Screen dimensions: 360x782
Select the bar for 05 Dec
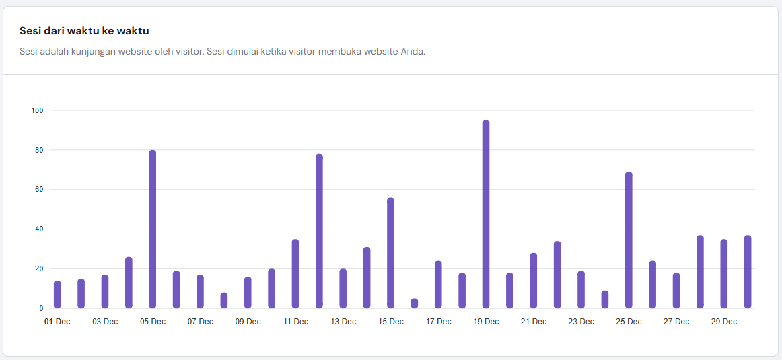[x=153, y=229]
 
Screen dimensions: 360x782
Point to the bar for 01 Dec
[x=57, y=294]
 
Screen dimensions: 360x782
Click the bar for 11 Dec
[x=295, y=273]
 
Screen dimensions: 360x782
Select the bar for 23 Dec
[x=581, y=289]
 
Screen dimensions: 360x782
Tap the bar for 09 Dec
[x=248, y=292]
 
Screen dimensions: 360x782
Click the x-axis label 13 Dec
[x=343, y=322]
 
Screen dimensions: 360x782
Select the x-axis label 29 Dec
[x=724, y=322]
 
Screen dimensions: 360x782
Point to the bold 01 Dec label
[x=57, y=322]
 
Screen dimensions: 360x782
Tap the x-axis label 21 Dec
[x=534, y=322]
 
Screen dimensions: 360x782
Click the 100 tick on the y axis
[x=37, y=110]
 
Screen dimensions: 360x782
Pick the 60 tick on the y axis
[x=38, y=190]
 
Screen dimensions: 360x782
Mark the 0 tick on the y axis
[x=40, y=308]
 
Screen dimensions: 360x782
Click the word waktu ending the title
[x=133, y=31]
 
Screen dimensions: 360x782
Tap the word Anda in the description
[x=413, y=52]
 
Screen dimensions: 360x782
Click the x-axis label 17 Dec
[x=438, y=322]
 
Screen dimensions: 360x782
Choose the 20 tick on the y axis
[x=38, y=268]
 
